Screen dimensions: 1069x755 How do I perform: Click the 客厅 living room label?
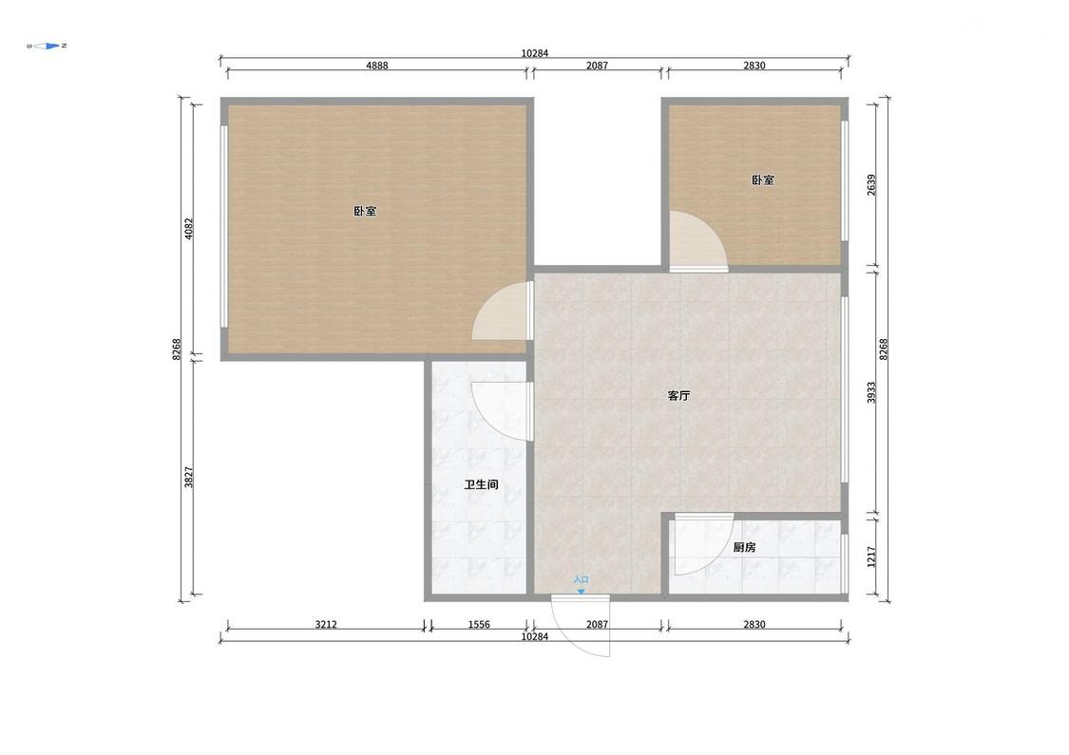click(x=678, y=396)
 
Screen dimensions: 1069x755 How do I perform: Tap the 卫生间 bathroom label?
click(x=482, y=485)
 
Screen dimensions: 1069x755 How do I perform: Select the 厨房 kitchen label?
click(x=744, y=547)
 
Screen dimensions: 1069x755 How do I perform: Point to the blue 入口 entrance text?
click(x=581, y=580)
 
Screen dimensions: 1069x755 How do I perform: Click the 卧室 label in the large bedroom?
click(x=365, y=211)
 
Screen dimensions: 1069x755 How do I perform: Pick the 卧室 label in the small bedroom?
click(x=763, y=180)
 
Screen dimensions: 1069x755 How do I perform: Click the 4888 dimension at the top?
click(x=377, y=66)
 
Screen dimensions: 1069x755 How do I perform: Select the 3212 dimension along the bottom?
click(x=326, y=624)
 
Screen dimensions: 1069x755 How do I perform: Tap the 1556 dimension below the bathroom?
click(x=479, y=624)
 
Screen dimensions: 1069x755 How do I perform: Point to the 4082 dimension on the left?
click(x=189, y=228)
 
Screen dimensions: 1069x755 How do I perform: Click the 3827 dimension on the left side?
click(x=189, y=477)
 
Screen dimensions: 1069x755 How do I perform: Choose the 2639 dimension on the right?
click(x=871, y=185)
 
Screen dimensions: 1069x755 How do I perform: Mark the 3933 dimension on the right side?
click(x=871, y=392)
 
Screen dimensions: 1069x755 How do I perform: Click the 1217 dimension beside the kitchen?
click(x=871, y=557)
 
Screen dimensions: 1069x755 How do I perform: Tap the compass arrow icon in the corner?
click(x=48, y=47)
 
